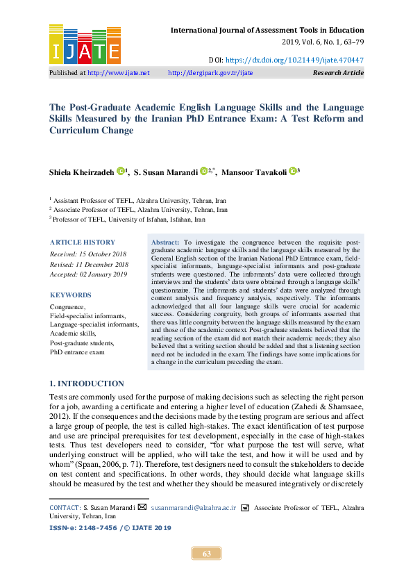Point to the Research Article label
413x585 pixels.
tap(338, 72)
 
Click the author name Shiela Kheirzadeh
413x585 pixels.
tap(81, 171)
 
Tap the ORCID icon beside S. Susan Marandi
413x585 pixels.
tap(204, 171)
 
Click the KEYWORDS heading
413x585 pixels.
tap(70, 295)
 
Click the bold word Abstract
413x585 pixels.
tap(165, 240)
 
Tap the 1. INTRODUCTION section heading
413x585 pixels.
tap(87, 384)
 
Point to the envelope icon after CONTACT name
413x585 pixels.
tap(142, 508)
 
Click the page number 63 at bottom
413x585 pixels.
tap(206, 554)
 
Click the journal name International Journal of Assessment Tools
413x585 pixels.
tap(267, 31)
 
